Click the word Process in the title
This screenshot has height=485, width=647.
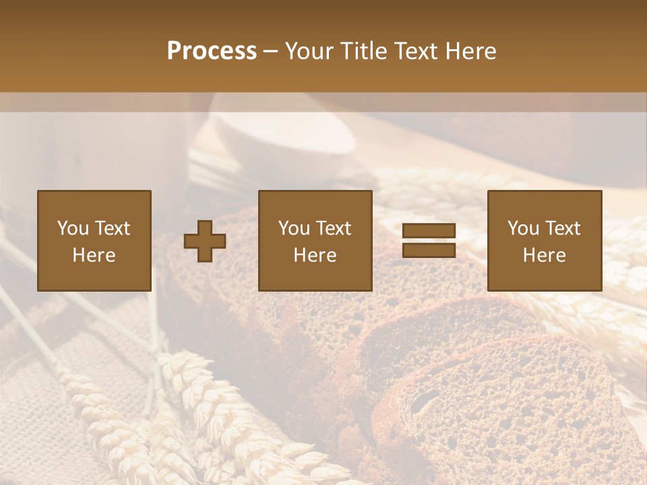tap(212, 51)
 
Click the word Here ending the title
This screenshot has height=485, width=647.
tap(471, 51)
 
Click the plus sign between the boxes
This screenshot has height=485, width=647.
tap(205, 241)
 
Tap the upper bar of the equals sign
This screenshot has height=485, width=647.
tap(429, 230)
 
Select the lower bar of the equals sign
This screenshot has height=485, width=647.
tap(429, 251)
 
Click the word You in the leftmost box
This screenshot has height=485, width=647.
tap(73, 228)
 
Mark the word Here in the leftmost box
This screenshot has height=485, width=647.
tap(94, 255)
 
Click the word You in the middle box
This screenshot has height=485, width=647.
tap(295, 228)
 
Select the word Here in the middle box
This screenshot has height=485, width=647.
tap(315, 255)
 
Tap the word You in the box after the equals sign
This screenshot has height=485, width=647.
tap(524, 228)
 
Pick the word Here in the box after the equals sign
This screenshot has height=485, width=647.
tap(544, 255)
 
